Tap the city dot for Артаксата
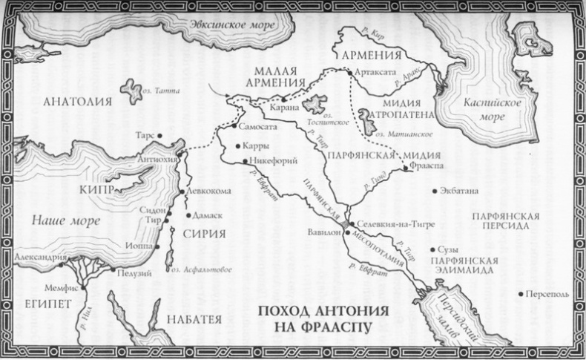[349, 73]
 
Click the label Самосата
[257, 127]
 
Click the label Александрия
[39, 257]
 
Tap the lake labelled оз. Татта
[134, 91]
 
